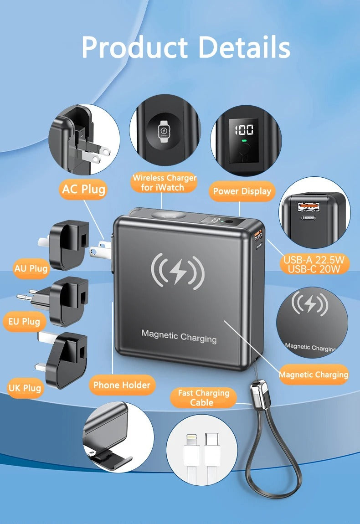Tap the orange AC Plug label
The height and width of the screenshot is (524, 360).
[83, 189]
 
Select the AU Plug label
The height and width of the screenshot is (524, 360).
[31, 268]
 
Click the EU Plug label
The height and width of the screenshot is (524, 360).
[24, 322]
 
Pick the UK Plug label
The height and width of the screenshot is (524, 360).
[25, 388]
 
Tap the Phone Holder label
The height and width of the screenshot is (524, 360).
[122, 385]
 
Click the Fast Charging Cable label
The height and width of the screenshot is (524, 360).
[203, 398]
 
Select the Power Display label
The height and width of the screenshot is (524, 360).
[242, 191]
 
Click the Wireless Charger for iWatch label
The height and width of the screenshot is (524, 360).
[165, 182]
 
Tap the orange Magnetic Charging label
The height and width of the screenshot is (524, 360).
[314, 375]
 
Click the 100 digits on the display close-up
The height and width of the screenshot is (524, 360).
[244, 130]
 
